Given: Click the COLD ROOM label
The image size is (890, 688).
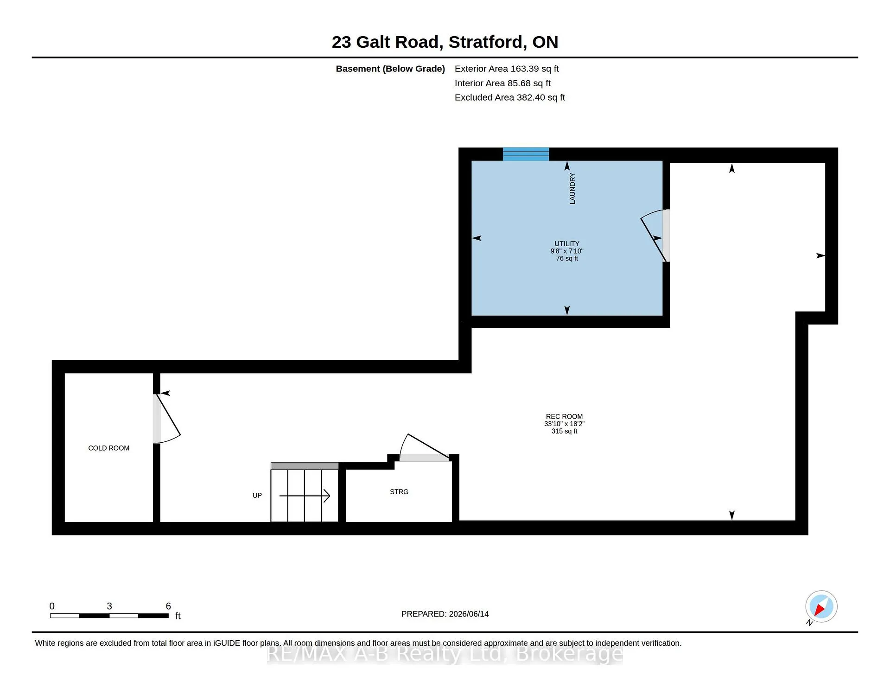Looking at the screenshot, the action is tap(108, 448).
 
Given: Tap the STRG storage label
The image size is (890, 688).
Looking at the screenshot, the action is tap(399, 492).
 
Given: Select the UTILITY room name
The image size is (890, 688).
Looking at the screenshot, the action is tap(567, 244).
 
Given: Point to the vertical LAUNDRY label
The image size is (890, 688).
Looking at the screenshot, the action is tap(572, 189).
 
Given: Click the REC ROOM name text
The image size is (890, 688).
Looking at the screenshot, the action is tap(564, 417).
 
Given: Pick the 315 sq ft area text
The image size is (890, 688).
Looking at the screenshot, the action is tap(564, 431).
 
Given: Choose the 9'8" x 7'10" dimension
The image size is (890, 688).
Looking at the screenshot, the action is tap(567, 251).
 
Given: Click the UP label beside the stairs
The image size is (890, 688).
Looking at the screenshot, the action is tap(257, 496).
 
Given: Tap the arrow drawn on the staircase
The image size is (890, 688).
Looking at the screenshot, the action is tap(305, 496).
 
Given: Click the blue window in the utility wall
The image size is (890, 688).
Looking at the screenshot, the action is tap(526, 154).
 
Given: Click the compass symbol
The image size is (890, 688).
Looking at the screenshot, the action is tap(821, 607).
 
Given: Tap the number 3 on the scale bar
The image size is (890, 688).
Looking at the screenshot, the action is tap(109, 606).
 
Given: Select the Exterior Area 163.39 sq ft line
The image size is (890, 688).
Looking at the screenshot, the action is tap(507, 69).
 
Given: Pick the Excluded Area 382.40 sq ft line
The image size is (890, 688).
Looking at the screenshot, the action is tap(510, 98).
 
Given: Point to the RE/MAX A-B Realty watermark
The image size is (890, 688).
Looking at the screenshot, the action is tap(445, 654).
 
